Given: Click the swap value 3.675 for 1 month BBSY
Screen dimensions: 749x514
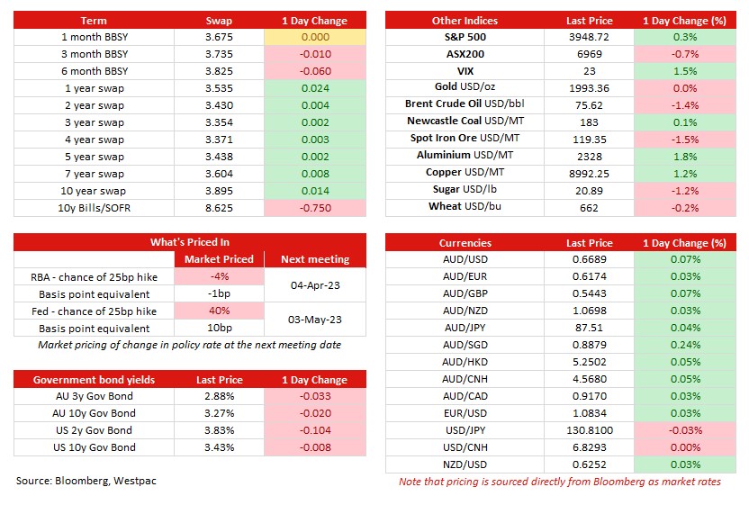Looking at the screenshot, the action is (219, 37).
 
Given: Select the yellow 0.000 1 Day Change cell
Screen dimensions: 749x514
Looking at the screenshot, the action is (315, 37).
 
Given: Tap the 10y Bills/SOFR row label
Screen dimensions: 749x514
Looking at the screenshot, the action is (95, 208).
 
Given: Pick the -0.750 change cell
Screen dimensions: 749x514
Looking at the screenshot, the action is (315, 208).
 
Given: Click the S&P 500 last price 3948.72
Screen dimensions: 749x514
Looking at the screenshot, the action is (589, 37).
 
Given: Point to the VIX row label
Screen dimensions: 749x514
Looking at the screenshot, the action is (465, 71).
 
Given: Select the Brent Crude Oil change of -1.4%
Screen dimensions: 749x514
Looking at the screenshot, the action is (685, 105).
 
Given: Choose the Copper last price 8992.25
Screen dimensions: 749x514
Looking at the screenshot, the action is (589, 174).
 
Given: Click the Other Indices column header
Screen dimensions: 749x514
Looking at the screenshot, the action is (465, 21).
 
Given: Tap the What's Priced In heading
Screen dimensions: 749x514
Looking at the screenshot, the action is (190, 242).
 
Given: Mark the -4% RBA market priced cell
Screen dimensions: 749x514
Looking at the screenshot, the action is (220, 276).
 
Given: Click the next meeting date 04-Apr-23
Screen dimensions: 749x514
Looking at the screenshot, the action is (315, 285).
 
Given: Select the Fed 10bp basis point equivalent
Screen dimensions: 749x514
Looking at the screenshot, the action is (220, 329).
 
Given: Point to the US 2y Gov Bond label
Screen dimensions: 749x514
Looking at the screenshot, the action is (95, 430).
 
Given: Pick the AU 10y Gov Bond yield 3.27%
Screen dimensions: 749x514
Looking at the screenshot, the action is (220, 413).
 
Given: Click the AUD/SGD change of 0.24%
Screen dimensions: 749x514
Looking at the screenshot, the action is (685, 345).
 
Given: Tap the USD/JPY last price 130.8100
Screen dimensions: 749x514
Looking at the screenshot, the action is (590, 430).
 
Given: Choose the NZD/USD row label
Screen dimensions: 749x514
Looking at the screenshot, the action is (465, 464).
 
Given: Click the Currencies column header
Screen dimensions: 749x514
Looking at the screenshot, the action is (465, 243).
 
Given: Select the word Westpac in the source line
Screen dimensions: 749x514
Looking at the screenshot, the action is (135, 481).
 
